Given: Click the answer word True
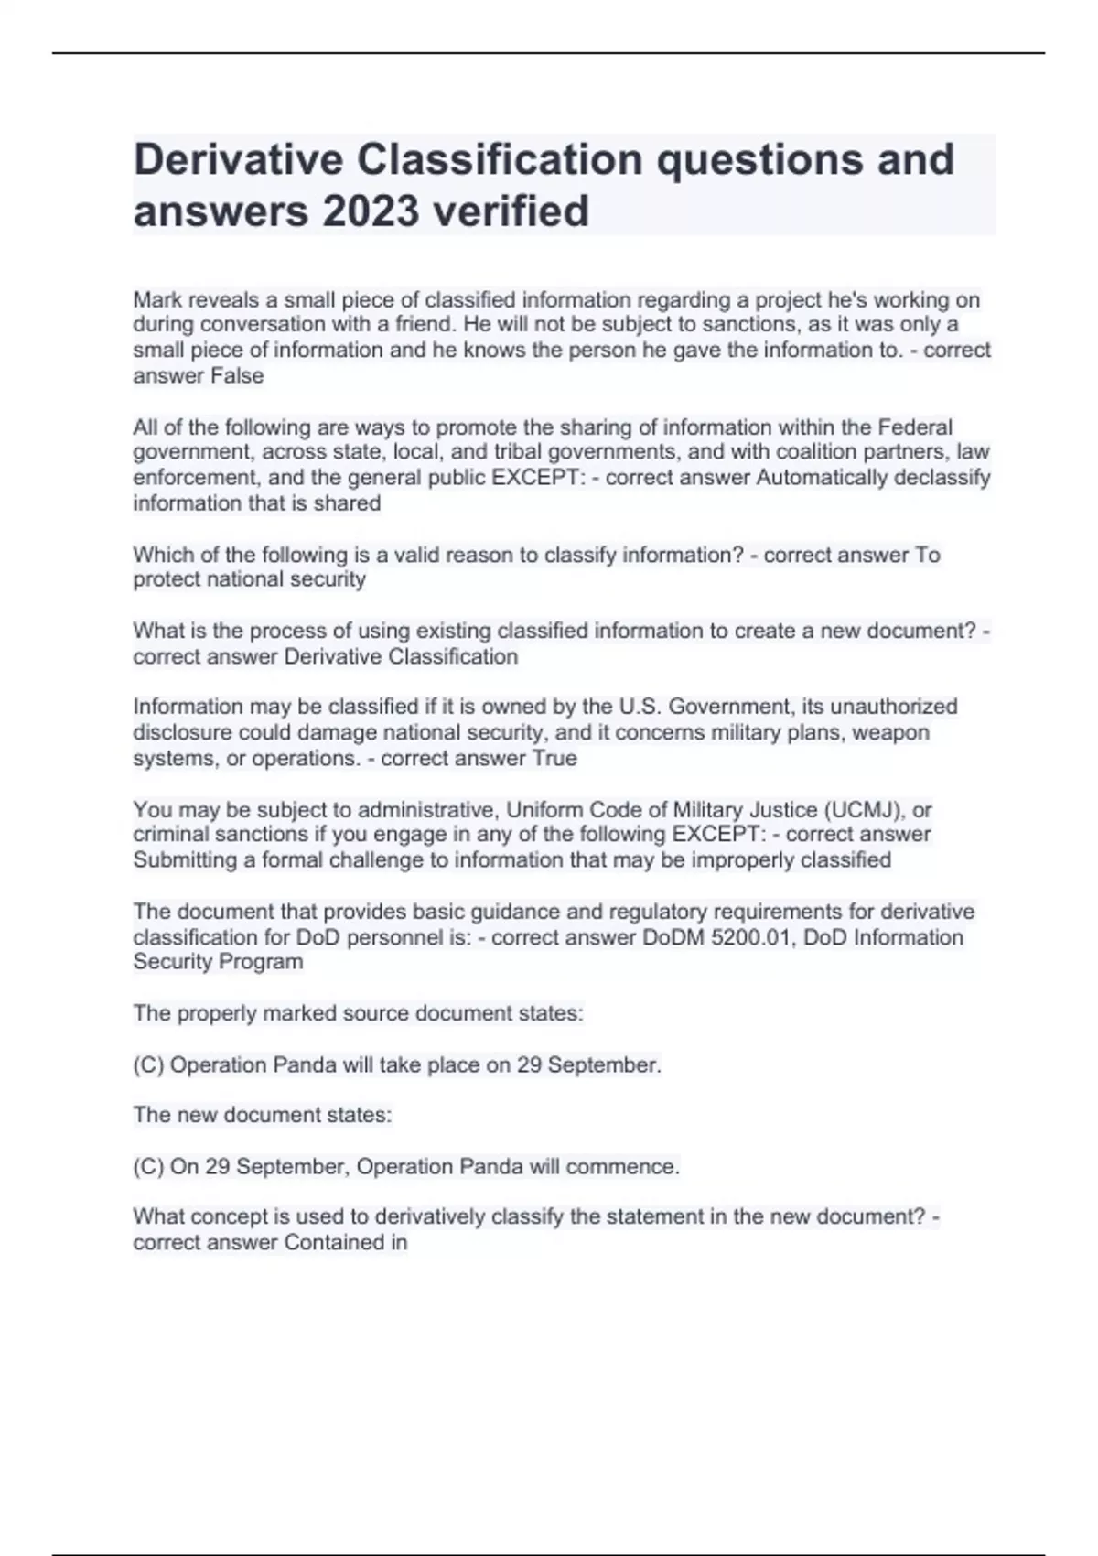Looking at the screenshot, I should pyautogui.click(x=552, y=759).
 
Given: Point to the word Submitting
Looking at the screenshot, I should pyautogui.click(x=185, y=860).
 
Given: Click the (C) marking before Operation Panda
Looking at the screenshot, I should pyautogui.click(x=148, y=1065).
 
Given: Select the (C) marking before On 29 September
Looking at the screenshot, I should pyautogui.click(x=148, y=1167).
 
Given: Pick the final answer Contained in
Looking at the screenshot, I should pyautogui.click(x=346, y=1243).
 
